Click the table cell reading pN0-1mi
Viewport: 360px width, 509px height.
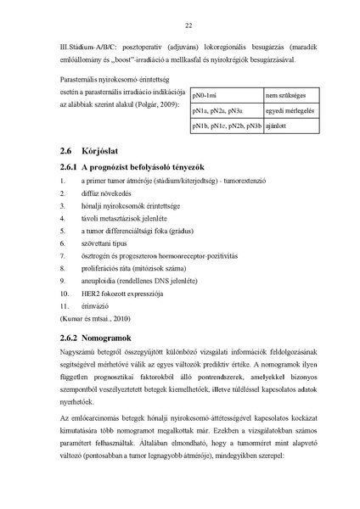pos(206,96)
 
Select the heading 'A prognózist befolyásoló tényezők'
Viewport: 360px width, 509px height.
pos(143,167)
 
